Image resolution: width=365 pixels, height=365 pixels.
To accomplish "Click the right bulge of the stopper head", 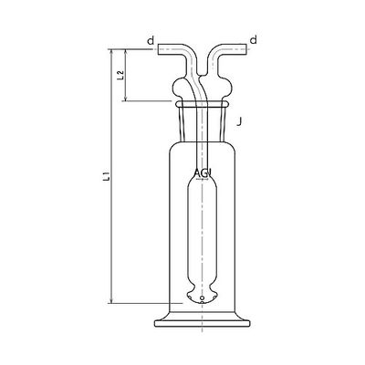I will pos(228,89).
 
